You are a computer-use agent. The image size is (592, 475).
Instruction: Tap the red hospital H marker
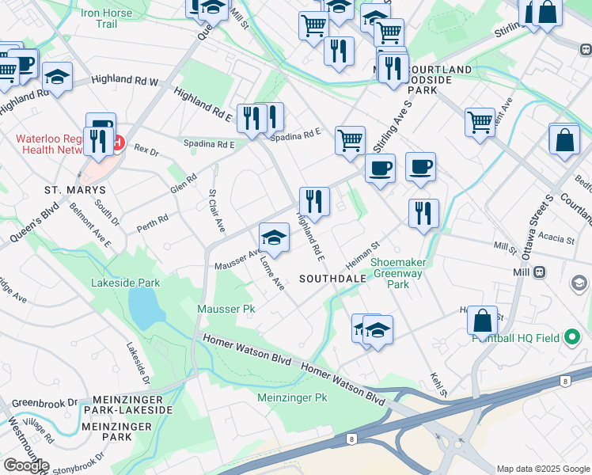119,143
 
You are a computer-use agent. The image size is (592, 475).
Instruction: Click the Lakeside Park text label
125,283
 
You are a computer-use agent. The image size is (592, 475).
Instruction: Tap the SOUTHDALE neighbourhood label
332,279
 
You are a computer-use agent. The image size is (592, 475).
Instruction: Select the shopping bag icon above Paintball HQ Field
482,321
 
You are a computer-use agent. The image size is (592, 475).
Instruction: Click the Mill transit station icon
540,272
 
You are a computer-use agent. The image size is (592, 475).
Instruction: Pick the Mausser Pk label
226,307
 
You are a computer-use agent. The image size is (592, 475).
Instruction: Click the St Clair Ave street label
216,209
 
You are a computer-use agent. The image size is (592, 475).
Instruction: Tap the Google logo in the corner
25,465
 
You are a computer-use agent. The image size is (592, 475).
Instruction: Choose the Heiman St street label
363,255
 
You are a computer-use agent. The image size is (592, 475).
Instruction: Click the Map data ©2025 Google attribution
542,469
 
